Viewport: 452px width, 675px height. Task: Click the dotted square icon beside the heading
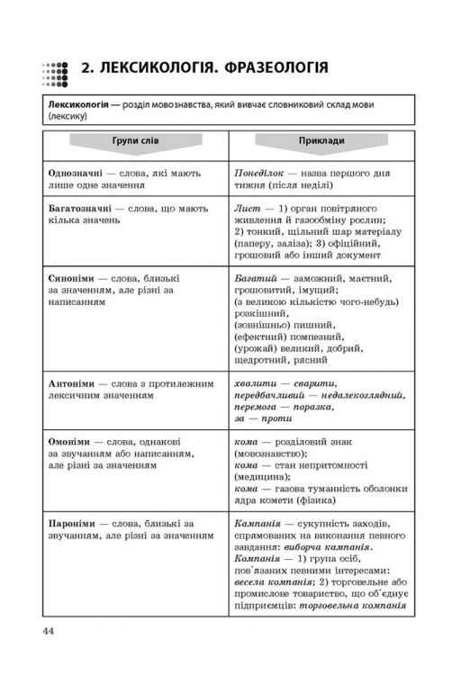click(55, 71)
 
